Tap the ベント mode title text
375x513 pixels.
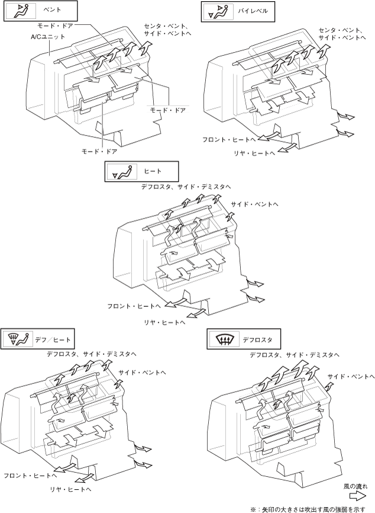(x=52, y=10)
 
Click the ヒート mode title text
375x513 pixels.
(x=153, y=171)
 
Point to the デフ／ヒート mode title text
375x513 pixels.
(x=53, y=339)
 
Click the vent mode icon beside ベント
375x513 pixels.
(x=20, y=11)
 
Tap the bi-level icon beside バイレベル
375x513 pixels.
(x=217, y=11)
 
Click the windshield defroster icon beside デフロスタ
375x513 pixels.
(x=223, y=340)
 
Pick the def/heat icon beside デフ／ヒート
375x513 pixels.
(x=20, y=339)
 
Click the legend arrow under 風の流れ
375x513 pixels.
(x=357, y=496)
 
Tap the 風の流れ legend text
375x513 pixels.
(x=355, y=486)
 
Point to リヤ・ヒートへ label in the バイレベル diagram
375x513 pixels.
(x=254, y=153)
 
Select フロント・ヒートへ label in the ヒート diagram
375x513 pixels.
(x=134, y=306)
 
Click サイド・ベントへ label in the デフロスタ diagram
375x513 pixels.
(x=351, y=377)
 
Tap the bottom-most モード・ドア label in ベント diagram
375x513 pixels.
(x=99, y=152)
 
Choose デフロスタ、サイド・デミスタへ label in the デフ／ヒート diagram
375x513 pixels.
(x=92, y=354)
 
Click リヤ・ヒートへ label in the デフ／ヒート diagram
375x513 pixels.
(x=70, y=489)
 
